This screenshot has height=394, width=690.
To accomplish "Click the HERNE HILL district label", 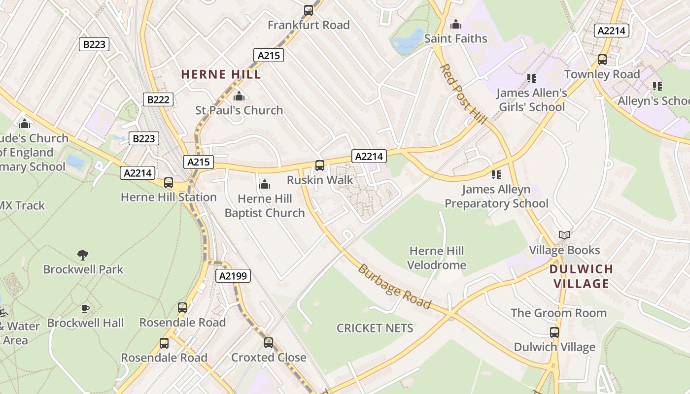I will click(x=221, y=74).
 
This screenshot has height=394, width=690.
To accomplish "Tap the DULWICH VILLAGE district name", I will click(x=581, y=276).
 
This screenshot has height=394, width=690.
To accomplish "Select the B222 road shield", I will click(x=158, y=99).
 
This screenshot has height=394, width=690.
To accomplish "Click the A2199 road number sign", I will click(x=233, y=276).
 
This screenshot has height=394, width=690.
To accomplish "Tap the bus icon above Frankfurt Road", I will click(x=309, y=10).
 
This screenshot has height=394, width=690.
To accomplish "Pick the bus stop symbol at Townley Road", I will click(x=602, y=60).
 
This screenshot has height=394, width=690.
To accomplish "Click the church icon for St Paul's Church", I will click(x=239, y=96).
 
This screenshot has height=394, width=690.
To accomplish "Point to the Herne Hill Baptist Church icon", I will click(x=265, y=185).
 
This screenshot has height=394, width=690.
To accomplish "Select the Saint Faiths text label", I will click(x=455, y=38).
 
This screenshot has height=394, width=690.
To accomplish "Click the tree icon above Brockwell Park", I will click(x=83, y=255).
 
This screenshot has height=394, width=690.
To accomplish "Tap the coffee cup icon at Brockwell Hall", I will click(x=85, y=309).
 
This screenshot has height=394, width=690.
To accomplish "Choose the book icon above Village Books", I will click(x=564, y=235).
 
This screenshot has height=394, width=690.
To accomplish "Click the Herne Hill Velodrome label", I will click(x=437, y=258).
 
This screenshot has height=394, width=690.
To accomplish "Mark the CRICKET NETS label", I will click(x=375, y=328).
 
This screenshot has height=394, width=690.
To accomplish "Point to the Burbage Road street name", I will click(x=394, y=287).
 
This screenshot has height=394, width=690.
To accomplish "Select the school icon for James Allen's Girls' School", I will click(x=531, y=78).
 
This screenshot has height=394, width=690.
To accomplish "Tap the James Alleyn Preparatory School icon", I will click(x=496, y=174).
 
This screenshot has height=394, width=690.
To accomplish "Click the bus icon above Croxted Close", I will click(x=269, y=342).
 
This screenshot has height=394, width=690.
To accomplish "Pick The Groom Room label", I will click(x=558, y=313).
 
